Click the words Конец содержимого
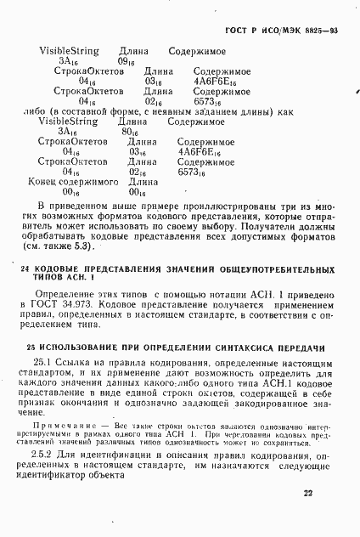[66, 181]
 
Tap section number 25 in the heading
[25, 348]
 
